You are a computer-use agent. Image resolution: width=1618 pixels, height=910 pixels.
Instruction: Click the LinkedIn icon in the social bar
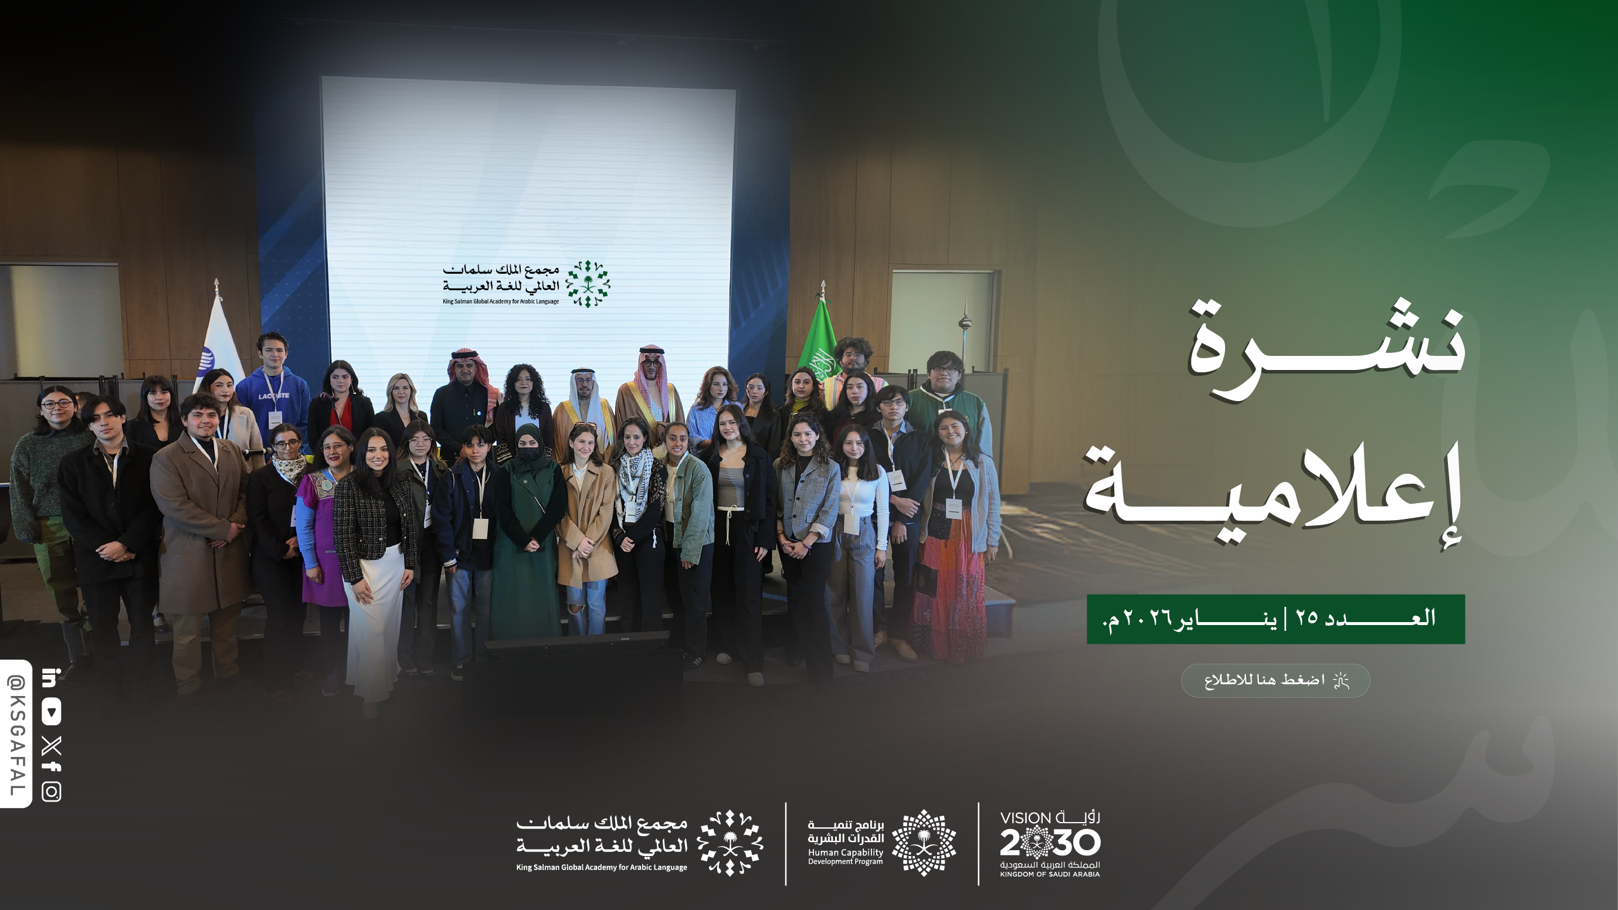[x=51, y=678]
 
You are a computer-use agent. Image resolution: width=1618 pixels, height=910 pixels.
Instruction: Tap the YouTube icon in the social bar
[x=52, y=712]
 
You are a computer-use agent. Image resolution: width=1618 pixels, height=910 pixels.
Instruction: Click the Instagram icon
[x=52, y=792]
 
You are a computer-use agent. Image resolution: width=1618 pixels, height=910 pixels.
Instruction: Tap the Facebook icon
[x=52, y=767]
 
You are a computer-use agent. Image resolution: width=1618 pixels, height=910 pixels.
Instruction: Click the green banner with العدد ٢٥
[x=1276, y=619]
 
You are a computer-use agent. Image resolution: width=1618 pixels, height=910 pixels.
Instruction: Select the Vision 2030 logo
[x=1050, y=843]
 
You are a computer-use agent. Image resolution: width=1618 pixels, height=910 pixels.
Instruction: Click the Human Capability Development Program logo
[x=882, y=843]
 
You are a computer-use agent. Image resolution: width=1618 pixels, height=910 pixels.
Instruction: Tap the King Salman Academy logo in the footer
[x=639, y=843]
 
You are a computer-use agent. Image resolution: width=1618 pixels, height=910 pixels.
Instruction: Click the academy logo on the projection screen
[x=527, y=284]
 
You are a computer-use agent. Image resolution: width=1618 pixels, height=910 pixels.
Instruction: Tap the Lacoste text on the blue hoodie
[x=274, y=396]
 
